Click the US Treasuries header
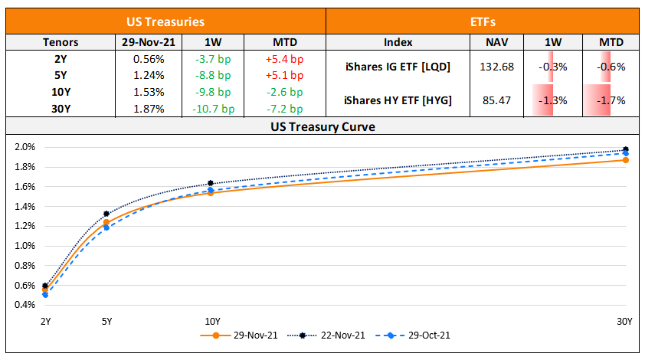click(165, 21)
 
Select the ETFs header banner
click(483, 21)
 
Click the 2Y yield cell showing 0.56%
click(149, 58)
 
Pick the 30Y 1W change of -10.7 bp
click(213, 109)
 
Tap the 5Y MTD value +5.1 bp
click(283, 75)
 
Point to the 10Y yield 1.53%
click(149, 92)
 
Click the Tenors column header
click(61, 42)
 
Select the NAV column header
click(499, 42)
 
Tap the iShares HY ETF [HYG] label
click(398, 100)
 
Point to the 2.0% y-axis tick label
click(25, 147)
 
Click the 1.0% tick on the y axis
click(25, 246)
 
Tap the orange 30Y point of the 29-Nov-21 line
click(626, 160)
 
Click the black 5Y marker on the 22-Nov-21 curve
click(106, 214)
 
